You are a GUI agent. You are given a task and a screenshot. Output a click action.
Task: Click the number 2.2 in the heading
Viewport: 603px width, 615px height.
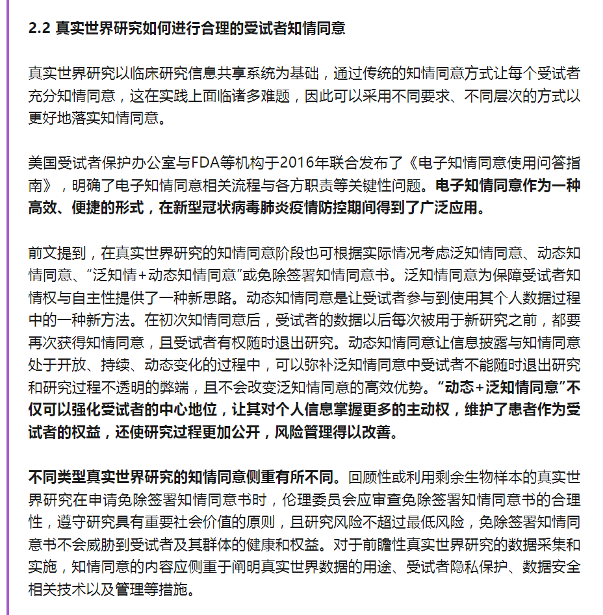[x=40, y=29]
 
